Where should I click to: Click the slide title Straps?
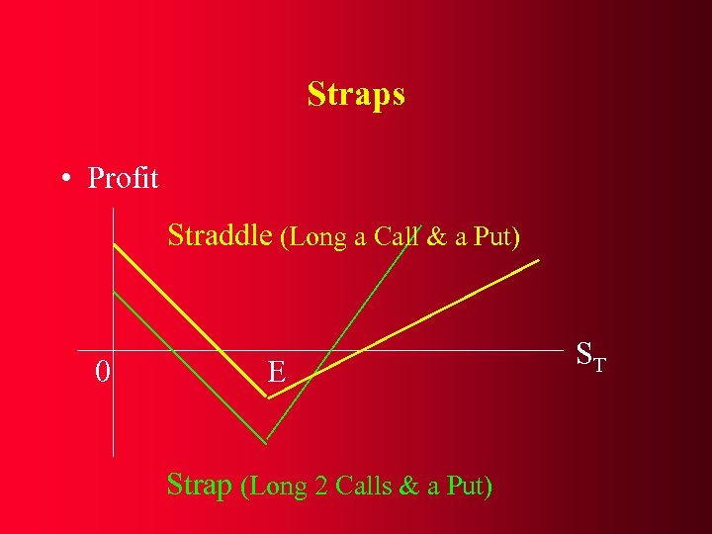pyautogui.click(x=355, y=95)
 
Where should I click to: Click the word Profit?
pyautogui.click(x=123, y=178)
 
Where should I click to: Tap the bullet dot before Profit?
pyautogui.click(x=64, y=179)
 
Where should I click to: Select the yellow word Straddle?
pyautogui.click(x=219, y=235)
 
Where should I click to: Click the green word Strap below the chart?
pyautogui.click(x=201, y=486)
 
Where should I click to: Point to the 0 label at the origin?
pyautogui.click(x=102, y=372)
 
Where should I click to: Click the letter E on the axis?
pyautogui.click(x=277, y=372)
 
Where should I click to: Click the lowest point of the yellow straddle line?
pyautogui.click(x=268, y=398)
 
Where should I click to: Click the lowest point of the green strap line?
pyautogui.click(x=267, y=440)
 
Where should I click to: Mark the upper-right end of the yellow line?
pyautogui.click(x=539, y=261)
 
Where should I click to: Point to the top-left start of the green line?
pyautogui.click(x=115, y=292)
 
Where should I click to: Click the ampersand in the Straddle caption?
pyautogui.click(x=435, y=237)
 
